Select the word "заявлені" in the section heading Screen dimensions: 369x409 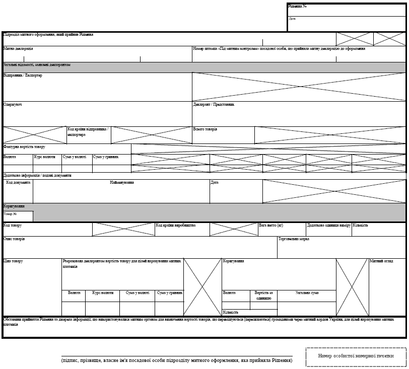pos(46,65)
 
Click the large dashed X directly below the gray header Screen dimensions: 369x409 pos(299,87)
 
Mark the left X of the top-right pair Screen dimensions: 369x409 pos(355,38)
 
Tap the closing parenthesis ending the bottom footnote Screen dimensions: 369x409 pos(293,360)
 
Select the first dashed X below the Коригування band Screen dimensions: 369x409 pos(123,229)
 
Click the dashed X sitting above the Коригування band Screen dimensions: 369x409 pos(334,191)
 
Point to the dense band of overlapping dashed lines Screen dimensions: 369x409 pos(267,160)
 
